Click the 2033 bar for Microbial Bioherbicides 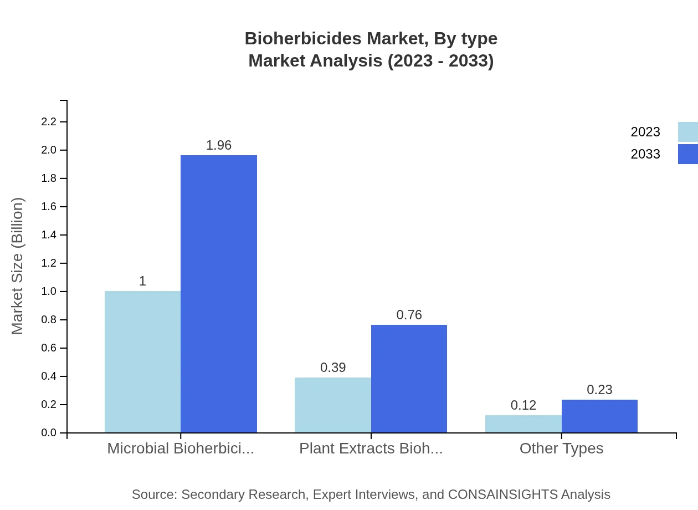[219, 294]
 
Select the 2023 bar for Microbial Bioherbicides [142, 361]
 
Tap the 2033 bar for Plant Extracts [409, 379]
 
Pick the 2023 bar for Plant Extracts [333, 405]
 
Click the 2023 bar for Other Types [523, 424]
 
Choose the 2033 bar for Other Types [599, 416]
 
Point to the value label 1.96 [219, 145]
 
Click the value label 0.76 [409, 315]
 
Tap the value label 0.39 [333, 368]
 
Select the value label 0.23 [599, 390]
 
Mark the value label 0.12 [523, 405]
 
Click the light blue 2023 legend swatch [687, 132]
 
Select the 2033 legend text [645, 154]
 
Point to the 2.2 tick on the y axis [49, 121]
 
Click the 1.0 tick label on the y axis [49, 292]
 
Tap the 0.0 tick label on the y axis [49, 433]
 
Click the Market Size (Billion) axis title [17, 266]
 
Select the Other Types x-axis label [561, 448]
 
